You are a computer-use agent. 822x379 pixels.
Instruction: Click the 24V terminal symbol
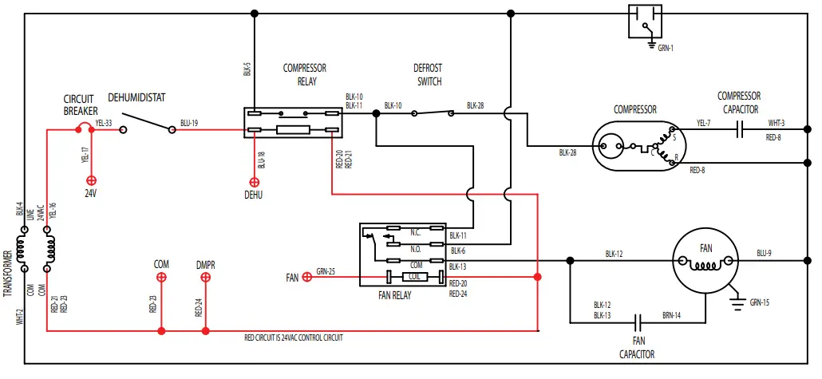[x=91, y=180]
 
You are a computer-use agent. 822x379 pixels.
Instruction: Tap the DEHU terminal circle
[x=253, y=180]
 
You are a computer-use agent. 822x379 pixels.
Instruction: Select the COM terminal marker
[x=161, y=277]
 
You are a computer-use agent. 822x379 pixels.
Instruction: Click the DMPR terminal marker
[x=205, y=277]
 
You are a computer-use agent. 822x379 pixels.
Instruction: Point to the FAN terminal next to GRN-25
[x=306, y=277]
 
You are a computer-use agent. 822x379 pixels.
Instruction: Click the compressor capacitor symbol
[x=740, y=128]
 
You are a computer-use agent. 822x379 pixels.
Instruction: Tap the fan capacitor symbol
[x=638, y=322]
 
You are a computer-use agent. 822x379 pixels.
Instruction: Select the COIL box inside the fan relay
[x=414, y=277]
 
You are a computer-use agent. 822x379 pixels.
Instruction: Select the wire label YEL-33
[x=104, y=123]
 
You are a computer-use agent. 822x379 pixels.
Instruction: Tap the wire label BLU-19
[x=189, y=123]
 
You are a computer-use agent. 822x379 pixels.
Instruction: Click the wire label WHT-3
[x=777, y=123]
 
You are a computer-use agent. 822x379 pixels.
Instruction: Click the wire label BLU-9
[x=765, y=254]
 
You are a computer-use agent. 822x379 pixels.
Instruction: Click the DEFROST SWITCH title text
[x=428, y=75]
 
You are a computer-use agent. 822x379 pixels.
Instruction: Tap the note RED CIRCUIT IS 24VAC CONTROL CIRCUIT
[x=293, y=338]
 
